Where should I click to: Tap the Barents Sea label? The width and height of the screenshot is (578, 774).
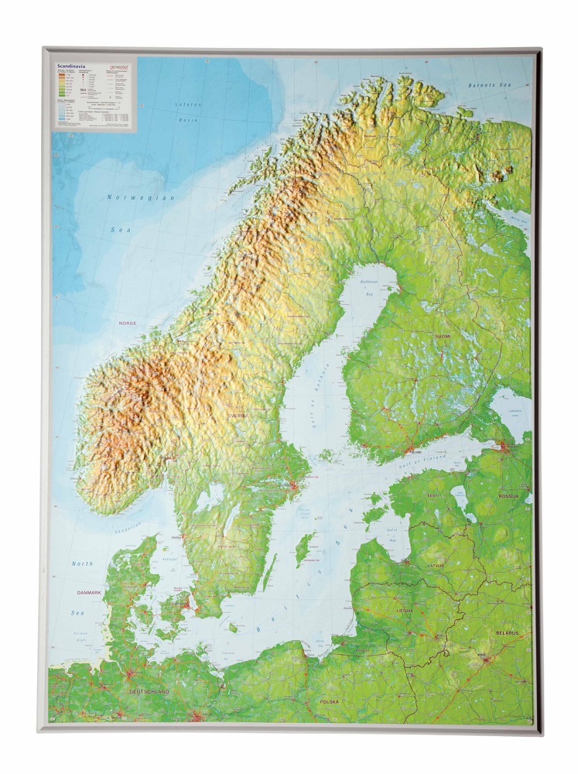coord(492,86)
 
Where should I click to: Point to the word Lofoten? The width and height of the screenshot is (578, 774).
coord(186,104)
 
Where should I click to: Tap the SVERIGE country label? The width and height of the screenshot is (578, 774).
coord(239,416)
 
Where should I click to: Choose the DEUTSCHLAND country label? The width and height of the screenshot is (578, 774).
coord(149,690)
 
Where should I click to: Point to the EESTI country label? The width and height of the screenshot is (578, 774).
coord(433,493)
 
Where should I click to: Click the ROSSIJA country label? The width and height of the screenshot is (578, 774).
coord(508,494)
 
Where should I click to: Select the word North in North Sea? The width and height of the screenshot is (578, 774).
coord(82,563)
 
